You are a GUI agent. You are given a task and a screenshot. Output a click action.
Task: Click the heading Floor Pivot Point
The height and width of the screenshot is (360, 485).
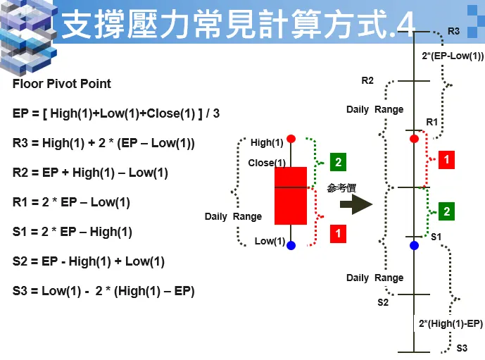pos(62,84)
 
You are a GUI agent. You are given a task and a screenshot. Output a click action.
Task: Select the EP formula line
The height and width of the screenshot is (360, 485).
pos(116,113)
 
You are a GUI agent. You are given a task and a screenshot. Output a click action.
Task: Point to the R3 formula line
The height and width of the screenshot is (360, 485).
pos(103,143)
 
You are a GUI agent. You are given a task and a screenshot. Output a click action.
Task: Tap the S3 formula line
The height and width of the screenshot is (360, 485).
pos(103,291)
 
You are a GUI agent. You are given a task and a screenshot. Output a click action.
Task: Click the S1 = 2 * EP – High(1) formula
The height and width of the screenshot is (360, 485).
pos(73,232)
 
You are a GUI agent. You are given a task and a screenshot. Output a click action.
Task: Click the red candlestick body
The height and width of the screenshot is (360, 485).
pos(291,195)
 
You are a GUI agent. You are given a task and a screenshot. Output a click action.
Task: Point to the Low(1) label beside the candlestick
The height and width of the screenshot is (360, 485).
pos(270,242)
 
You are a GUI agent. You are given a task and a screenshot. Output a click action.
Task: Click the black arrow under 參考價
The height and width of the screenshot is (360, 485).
pos(355,204)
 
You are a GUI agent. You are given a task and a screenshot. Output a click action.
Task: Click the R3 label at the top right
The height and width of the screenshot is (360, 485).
pos(453,31)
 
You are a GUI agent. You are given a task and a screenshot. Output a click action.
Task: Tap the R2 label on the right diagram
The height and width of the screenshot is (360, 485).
pos(367,80)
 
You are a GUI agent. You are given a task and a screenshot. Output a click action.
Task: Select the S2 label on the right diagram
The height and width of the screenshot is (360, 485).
pos(383,302)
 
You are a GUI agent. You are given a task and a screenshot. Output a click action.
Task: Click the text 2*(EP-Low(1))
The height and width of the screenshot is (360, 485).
pos(453,56)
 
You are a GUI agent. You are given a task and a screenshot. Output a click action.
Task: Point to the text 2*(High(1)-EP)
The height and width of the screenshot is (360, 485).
pos(451,323)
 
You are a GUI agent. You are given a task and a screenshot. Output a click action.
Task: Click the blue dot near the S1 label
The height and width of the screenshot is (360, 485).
pos(415,245)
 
